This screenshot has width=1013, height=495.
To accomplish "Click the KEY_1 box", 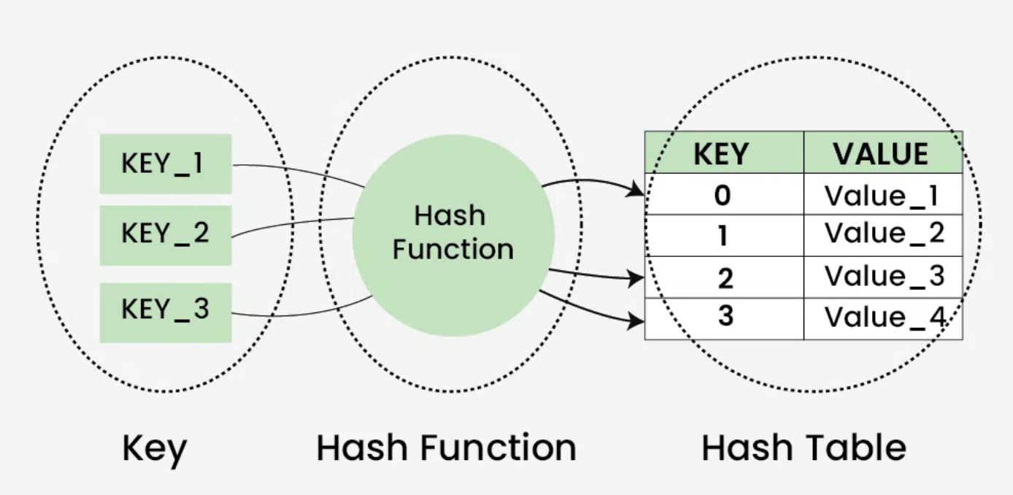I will tap(166, 164).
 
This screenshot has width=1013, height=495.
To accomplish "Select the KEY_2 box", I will tap(166, 234).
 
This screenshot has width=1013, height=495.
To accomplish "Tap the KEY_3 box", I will tap(166, 312).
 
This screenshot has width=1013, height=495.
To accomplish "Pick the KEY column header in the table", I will tap(724, 153).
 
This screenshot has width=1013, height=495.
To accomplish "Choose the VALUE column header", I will tap(882, 153).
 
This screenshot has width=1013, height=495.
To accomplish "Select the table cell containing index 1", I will tap(724, 235).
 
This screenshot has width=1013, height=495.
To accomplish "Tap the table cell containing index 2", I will tap(724, 277).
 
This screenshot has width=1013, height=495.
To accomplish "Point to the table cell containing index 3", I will tap(724, 318).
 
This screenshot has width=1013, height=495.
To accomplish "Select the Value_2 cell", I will tap(882, 235).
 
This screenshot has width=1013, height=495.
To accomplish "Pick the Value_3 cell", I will tap(882, 277).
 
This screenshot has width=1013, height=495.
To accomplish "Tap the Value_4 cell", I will tap(882, 318).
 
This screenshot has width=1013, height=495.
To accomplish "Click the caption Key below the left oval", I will tap(155, 449).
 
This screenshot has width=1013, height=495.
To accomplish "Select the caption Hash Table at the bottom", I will tap(804, 448).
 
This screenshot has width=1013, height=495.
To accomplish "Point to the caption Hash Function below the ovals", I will tap(446, 448).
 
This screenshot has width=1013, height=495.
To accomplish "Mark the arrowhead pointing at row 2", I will tap(638, 277).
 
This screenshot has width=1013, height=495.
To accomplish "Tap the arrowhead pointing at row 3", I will tap(638, 319).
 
